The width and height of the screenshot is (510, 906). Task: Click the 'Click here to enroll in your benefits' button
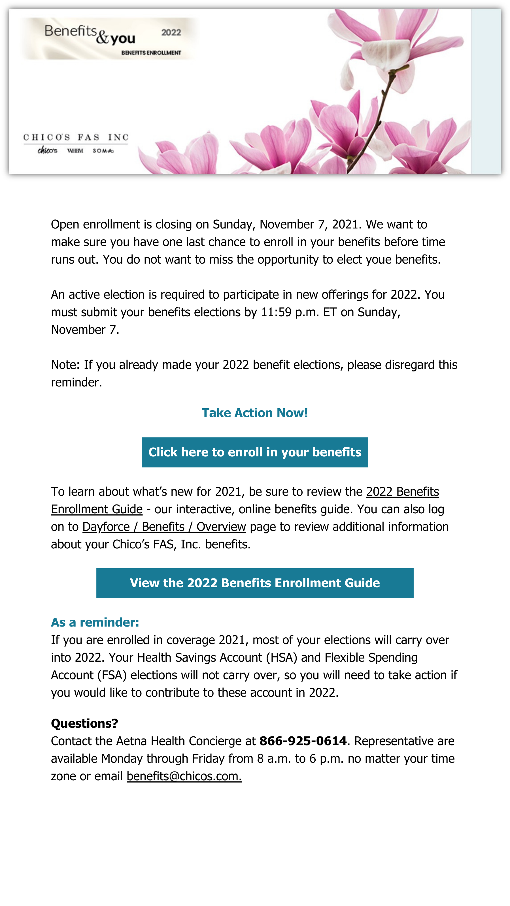coord(254,452)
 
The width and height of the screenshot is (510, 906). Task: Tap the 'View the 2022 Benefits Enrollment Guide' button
coord(254,583)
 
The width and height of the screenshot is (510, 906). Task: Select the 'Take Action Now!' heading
coord(254,413)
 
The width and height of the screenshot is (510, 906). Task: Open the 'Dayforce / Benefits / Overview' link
coord(164,527)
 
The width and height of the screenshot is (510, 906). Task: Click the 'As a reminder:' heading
coord(95,623)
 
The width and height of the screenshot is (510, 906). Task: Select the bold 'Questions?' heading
coord(84,723)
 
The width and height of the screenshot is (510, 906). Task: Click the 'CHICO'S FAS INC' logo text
coord(76,137)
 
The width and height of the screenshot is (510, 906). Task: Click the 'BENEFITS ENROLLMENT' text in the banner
coord(151,53)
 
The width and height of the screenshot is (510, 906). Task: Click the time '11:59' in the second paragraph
coord(276,312)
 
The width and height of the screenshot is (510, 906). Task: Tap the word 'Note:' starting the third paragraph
coord(65,365)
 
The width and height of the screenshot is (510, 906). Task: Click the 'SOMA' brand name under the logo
coord(103,151)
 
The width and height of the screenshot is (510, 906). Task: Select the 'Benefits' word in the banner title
coord(70,31)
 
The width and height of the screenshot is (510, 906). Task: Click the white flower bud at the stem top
coord(384,55)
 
